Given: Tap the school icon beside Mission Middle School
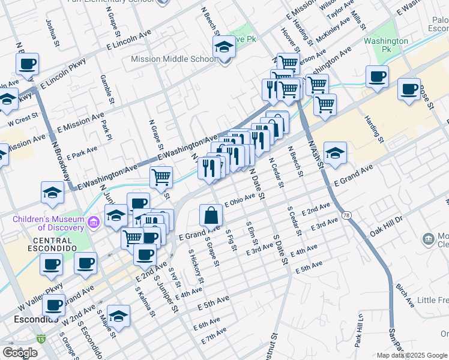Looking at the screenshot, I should [224, 47].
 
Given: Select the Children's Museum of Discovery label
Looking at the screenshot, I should [49, 223].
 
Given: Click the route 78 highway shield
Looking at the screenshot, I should [346, 215].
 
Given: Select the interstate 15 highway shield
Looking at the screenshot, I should [41, 339].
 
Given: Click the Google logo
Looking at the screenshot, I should [20, 353].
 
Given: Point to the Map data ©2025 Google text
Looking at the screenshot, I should [412, 355].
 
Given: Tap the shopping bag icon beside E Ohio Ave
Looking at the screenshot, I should [211, 215].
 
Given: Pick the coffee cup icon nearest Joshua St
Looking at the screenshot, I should [27, 64].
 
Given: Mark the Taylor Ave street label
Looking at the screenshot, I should [343, 8].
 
